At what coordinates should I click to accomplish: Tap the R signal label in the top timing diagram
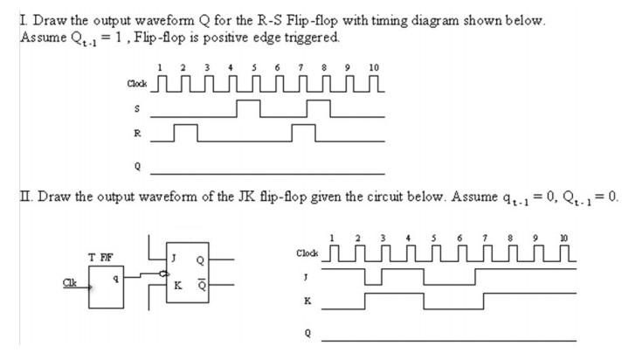click(x=136, y=135)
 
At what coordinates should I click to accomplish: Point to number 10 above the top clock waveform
click(x=374, y=67)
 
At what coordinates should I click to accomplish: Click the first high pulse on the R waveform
click(x=184, y=132)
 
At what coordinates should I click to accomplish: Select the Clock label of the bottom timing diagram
click(x=308, y=253)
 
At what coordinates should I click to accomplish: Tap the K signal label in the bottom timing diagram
click(x=307, y=301)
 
